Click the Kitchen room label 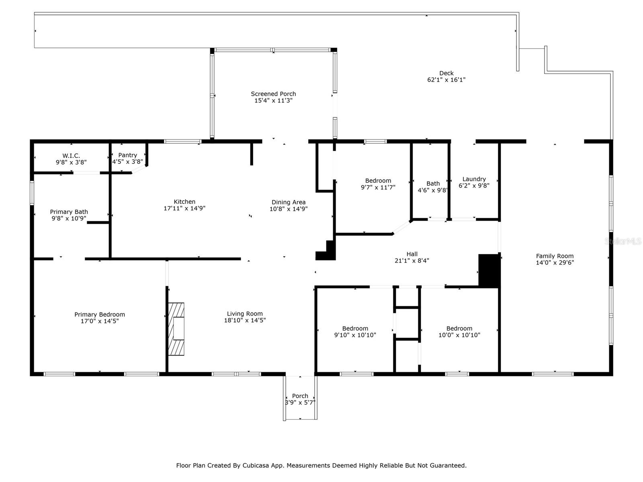(x=184, y=202)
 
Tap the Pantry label (x=127, y=155)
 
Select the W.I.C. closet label (x=71, y=156)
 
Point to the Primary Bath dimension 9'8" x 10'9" (x=69, y=219)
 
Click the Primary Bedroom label (x=100, y=315)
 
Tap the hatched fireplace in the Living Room (x=176, y=329)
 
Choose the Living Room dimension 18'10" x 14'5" (x=245, y=320)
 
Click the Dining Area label (x=289, y=202)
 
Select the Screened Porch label (x=273, y=94)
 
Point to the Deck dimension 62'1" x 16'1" (x=446, y=80)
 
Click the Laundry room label (x=474, y=179)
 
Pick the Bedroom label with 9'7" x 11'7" (x=378, y=181)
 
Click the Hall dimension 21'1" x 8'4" (x=412, y=260)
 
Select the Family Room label (x=555, y=256)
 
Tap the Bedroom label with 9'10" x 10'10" (x=355, y=328)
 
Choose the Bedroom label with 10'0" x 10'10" (x=459, y=328)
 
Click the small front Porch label (x=300, y=396)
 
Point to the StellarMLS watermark (x=623, y=241)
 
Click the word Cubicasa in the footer (x=256, y=465)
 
